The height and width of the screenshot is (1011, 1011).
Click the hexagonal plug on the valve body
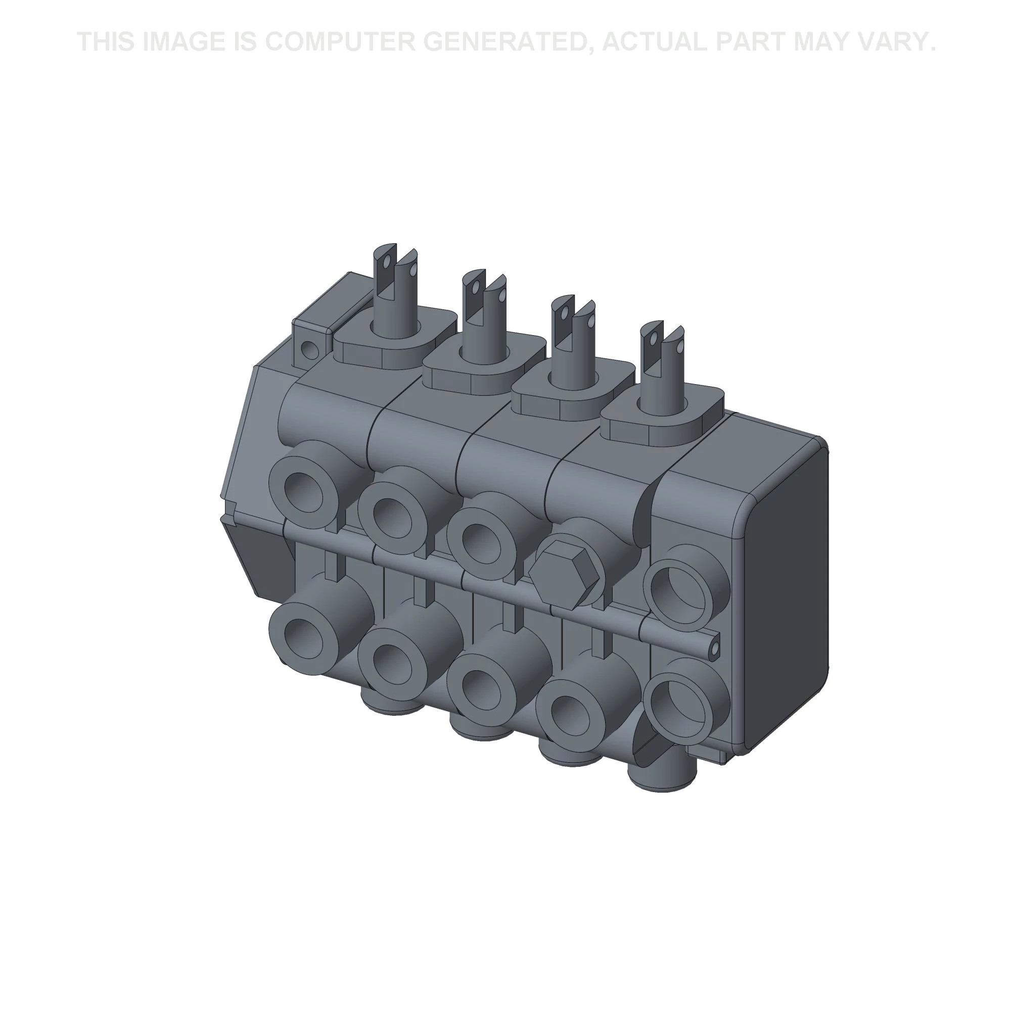click(x=564, y=575)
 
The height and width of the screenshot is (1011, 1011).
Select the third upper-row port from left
click(x=481, y=542)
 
